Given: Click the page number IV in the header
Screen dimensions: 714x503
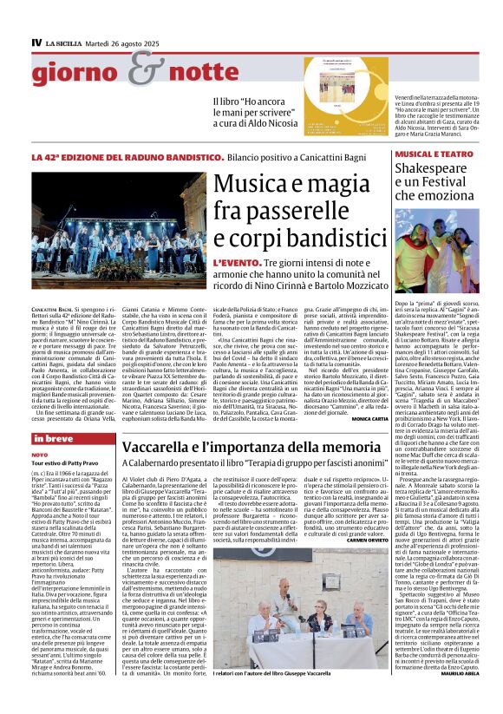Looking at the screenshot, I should (36, 43).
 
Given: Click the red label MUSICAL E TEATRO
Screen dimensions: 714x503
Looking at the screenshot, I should (429, 157).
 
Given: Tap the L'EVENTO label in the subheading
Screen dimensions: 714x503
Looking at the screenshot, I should (234, 261).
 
